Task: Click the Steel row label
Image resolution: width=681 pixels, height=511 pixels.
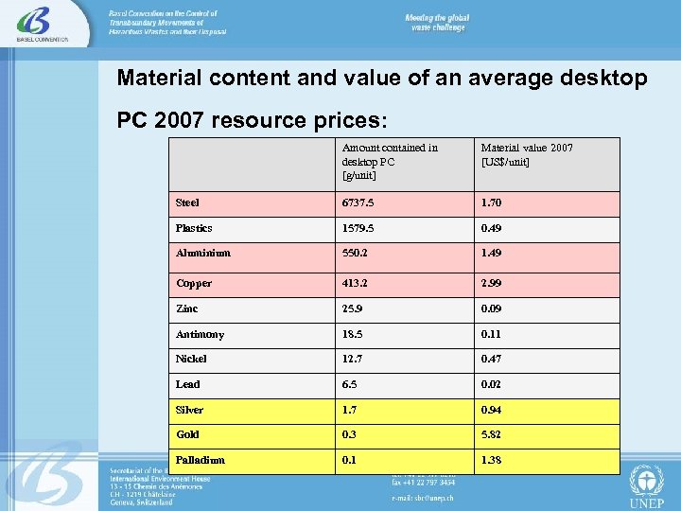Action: (x=187, y=203)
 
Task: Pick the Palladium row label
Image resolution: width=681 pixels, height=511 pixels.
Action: (x=201, y=460)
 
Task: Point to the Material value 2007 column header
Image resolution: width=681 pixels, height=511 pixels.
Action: (x=527, y=154)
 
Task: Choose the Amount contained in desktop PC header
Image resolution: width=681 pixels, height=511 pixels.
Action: (x=390, y=161)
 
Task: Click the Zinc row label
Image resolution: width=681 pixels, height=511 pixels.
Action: (x=187, y=308)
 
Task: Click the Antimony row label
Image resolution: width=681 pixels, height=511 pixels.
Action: (x=200, y=334)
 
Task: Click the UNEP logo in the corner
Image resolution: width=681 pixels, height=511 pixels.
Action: (x=647, y=485)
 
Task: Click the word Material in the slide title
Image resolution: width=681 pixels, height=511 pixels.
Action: (x=155, y=78)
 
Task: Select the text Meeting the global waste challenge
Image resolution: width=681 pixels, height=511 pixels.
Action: (x=437, y=24)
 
